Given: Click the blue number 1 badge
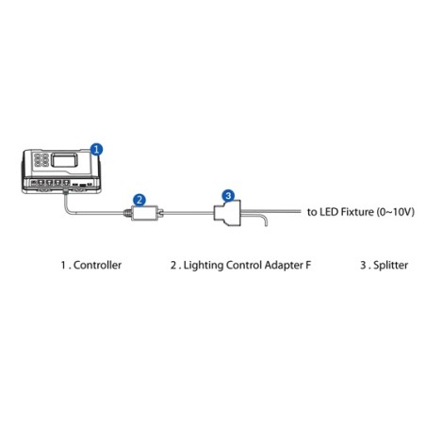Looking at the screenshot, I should (x=96, y=148).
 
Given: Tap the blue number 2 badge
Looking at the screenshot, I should (x=139, y=199).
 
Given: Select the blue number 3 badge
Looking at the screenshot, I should (x=227, y=195).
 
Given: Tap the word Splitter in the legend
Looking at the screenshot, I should (x=388, y=266).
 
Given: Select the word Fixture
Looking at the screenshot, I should (x=358, y=212).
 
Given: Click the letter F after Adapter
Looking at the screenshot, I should (x=309, y=266).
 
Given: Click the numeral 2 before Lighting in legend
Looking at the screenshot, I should (x=172, y=266).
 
